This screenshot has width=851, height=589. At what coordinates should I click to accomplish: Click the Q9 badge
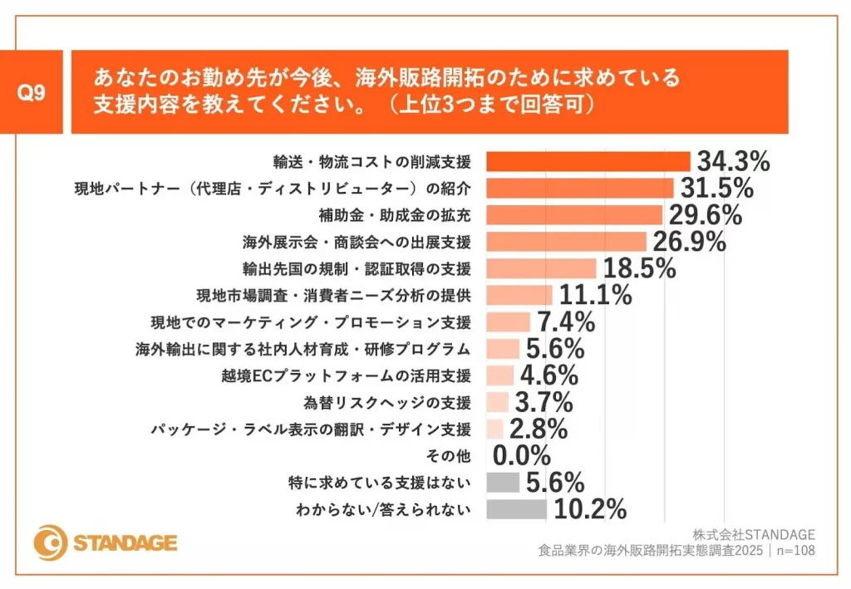[x=33, y=92]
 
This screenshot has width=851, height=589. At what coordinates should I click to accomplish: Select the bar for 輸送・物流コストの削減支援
[x=588, y=161]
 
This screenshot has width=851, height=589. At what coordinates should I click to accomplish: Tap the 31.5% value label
[x=716, y=188]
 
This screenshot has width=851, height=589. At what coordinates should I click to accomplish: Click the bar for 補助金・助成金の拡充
[x=573, y=215]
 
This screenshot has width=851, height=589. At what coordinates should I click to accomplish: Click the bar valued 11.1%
[x=519, y=295]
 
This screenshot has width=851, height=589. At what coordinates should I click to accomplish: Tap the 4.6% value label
[x=549, y=375]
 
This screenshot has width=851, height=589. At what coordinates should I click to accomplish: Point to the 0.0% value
[x=522, y=456]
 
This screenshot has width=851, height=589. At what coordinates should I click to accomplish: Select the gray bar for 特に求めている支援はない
[x=502, y=483]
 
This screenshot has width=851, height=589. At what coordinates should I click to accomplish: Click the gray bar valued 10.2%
[x=515, y=509]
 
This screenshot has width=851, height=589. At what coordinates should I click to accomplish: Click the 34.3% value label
[x=733, y=161]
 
